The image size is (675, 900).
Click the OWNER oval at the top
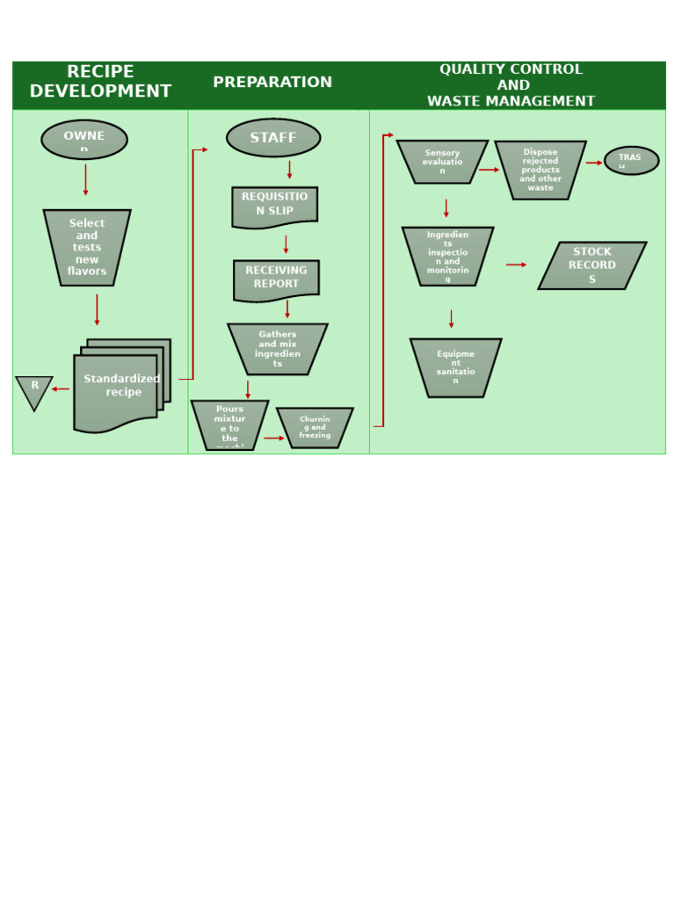(84, 140)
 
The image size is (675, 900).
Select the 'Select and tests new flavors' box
(87, 247)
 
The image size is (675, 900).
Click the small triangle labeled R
(34, 389)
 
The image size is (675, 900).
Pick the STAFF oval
(273, 138)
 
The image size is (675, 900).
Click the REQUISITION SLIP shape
(275, 206)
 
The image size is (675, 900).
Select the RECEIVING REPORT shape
(276, 279)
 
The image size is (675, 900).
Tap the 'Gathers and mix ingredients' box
(278, 349)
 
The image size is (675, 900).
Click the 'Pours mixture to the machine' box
(229, 425)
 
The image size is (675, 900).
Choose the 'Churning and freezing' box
(315, 427)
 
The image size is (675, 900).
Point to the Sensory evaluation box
(442, 162)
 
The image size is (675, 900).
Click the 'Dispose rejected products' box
(541, 170)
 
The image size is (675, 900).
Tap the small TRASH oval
(631, 160)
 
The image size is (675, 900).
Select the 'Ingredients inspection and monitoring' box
(447, 256)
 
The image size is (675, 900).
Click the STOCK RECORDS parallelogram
(592, 265)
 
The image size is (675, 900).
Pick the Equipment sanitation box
(455, 367)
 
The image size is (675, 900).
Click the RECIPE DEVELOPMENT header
(100, 82)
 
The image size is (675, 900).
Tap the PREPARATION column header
(272, 83)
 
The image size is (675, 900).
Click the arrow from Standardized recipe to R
(61, 388)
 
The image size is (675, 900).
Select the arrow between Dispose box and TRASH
(594, 163)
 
